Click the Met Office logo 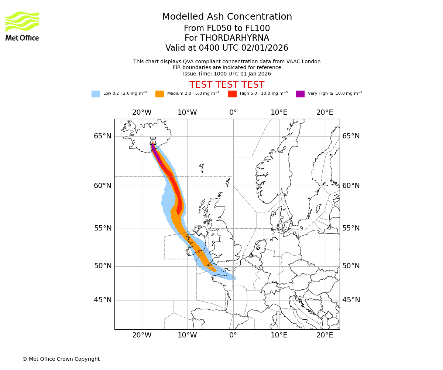pos(22,26)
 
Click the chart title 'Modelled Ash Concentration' pos(227,17)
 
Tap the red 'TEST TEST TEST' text pos(227,85)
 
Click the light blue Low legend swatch pos(96,94)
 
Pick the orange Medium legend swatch pos(159,94)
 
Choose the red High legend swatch pos(232,94)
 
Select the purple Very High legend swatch pos(300,94)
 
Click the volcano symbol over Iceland pos(153,141)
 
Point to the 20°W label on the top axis pos(142,112)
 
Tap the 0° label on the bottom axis pos(233,336)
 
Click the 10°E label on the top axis pos(279,112)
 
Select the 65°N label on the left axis pos(102,136)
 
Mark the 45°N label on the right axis pos(351,300)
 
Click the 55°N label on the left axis pos(102,228)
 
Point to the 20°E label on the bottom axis pos(325,336)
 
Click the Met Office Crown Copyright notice pos(61,359)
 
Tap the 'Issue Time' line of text pos(227,74)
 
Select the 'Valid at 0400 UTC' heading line pos(227,48)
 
